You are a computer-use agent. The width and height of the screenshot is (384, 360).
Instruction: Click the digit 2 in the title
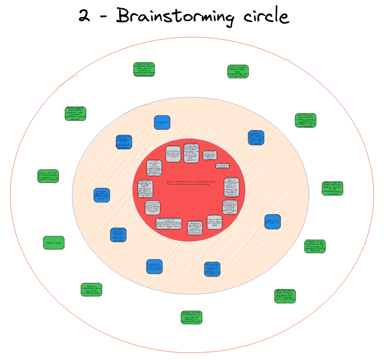(x=84, y=16)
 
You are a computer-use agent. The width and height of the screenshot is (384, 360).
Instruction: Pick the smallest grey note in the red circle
(x=221, y=166)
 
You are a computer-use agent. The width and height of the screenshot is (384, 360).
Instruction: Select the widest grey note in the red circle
(x=169, y=224)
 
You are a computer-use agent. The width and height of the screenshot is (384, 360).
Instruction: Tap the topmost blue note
(x=162, y=123)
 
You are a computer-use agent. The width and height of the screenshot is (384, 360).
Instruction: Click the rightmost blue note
(x=273, y=221)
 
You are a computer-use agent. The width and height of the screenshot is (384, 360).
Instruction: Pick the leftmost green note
(x=47, y=176)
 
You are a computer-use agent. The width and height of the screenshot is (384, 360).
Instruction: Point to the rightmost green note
(x=333, y=188)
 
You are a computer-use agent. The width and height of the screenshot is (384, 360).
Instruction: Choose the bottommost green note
(x=191, y=317)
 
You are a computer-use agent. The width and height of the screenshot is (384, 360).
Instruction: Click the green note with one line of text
(x=53, y=243)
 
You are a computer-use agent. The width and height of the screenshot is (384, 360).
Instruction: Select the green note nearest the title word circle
(x=238, y=71)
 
